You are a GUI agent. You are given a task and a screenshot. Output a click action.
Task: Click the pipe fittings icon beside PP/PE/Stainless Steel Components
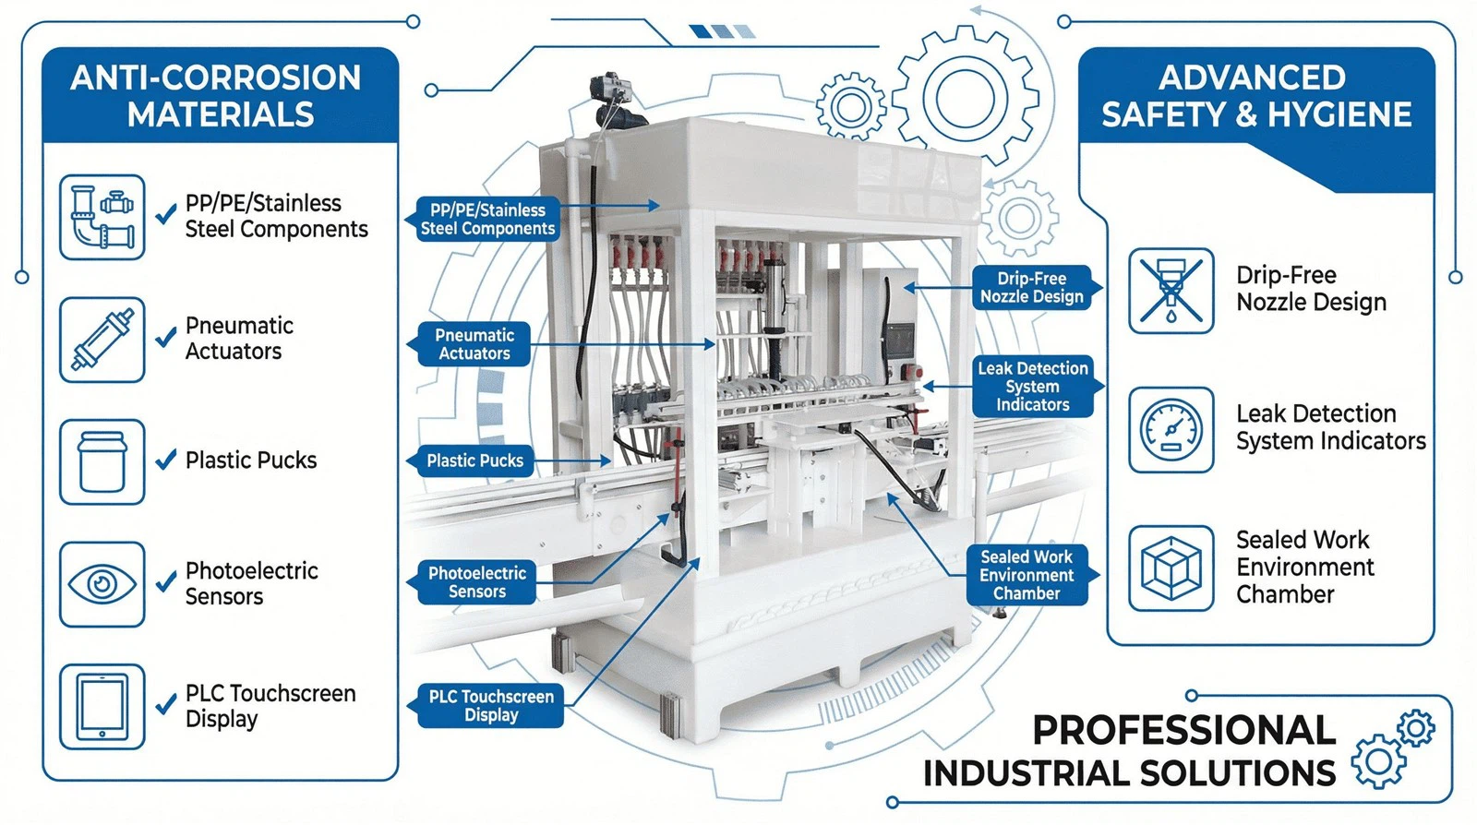point(102,217)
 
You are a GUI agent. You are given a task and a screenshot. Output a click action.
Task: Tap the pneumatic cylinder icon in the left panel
point(102,340)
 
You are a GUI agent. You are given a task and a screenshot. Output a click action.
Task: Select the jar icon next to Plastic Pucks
point(102,461)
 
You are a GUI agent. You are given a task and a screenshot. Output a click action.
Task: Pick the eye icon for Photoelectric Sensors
point(102,584)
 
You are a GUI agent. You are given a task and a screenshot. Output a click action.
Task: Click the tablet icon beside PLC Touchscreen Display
point(102,707)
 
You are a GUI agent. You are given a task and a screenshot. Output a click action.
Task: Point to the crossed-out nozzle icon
point(1171,290)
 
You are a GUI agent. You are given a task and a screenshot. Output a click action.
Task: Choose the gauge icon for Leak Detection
point(1171,430)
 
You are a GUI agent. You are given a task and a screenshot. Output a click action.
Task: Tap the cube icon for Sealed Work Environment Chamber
point(1171,568)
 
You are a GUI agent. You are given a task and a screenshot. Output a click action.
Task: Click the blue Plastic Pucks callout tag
point(474,460)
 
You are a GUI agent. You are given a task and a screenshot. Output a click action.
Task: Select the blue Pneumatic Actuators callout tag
point(474,344)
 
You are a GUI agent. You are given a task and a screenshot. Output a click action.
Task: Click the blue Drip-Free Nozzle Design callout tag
point(1032,287)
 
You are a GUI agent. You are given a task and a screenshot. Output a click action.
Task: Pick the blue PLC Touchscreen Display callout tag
point(490,706)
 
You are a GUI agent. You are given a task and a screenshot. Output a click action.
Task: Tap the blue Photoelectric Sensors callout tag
point(476,582)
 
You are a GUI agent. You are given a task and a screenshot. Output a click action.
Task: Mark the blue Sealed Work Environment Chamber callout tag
point(1027,575)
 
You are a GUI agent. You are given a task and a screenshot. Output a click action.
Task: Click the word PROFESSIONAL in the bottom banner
point(1183,730)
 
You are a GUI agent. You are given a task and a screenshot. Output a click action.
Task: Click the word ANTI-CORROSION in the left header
point(216,78)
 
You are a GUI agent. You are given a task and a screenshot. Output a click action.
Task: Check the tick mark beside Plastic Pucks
point(166,460)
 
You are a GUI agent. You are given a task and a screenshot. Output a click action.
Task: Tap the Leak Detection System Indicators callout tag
point(1032,387)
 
